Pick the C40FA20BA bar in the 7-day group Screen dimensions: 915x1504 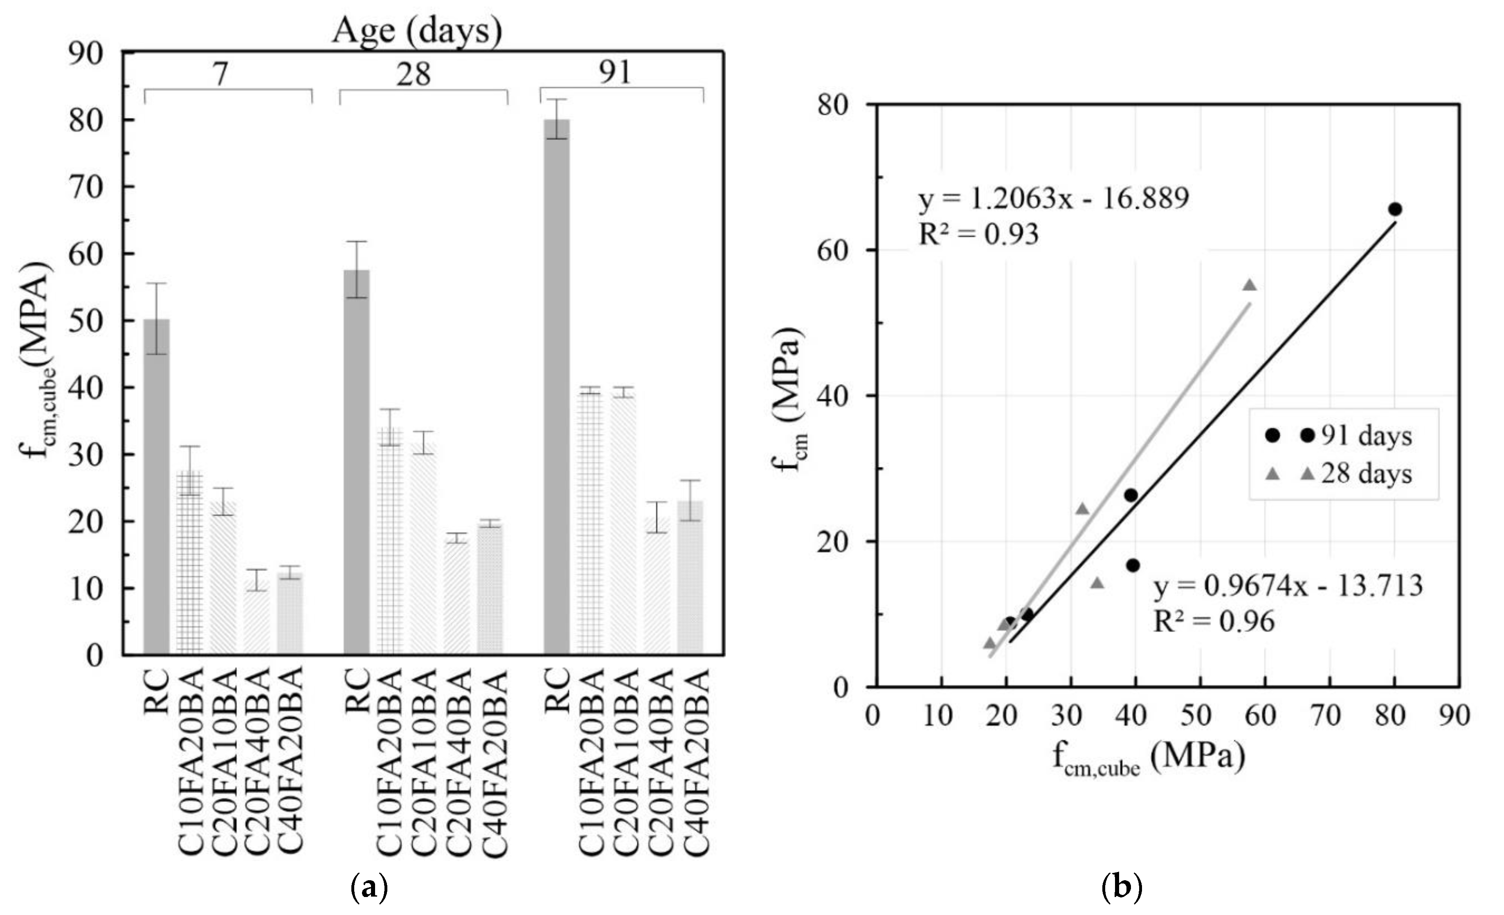[x=290, y=612]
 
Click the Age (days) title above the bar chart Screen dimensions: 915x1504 [x=417, y=29]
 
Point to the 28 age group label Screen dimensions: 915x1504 [x=413, y=74]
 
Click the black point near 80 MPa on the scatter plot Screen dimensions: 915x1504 [x=1395, y=209]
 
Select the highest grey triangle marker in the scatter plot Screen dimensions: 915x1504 [x=1250, y=285]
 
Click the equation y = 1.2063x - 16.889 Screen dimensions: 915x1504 [x=1054, y=198]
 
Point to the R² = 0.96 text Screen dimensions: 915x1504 [x=1214, y=621]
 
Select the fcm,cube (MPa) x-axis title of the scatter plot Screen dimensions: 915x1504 [x=1148, y=759]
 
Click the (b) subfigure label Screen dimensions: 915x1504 [x=1121, y=887]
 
